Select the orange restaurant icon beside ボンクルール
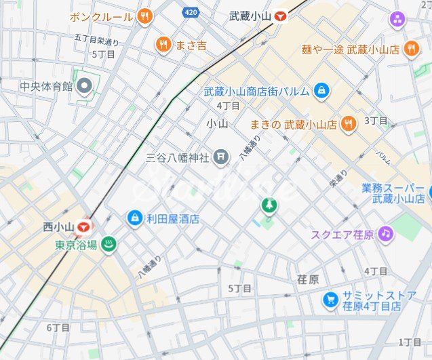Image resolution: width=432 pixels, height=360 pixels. click(x=144, y=16)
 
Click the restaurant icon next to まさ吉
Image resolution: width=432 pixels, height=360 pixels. click(x=163, y=45)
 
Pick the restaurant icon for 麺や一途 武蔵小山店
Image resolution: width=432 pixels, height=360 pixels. click(x=410, y=49)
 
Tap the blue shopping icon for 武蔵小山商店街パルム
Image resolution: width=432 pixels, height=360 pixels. click(x=321, y=90)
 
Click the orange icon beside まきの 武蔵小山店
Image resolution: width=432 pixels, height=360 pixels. click(x=348, y=124)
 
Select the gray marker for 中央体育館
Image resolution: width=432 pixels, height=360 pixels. click(x=85, y=86)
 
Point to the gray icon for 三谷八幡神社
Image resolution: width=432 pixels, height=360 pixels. click(x=220, y=158)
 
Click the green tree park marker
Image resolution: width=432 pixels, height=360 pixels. click(x=270, y=205)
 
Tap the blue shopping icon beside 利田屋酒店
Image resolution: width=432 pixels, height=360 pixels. click(x=135, y=218)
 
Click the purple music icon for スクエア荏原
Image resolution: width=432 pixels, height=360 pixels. click(x=385, y=235)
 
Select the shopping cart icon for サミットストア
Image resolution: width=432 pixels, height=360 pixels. click(x=330, y=299)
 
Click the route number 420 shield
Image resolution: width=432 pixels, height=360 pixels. click(x=192, y=12)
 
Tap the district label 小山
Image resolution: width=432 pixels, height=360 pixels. click(x=217, y=123)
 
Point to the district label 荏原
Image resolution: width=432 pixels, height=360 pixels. click(x=308, y=279)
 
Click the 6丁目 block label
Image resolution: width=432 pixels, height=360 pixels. click(x=58, y=327)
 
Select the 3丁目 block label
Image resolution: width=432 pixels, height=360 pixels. click(x=376, y=121)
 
